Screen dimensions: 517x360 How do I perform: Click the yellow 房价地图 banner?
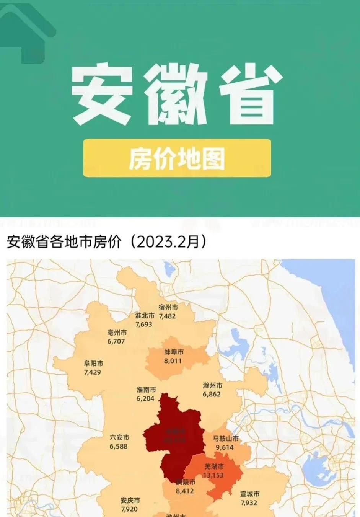coord(177,158)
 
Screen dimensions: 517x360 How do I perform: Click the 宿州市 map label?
coord(168,307)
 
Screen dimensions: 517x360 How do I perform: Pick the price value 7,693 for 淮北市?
coord(144,324)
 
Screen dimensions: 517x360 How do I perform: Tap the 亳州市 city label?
coord(117,333)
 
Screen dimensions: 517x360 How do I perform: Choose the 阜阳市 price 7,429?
coord(93,372)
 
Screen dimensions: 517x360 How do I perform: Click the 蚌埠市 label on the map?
coord(174,352)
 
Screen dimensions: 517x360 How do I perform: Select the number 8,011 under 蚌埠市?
coord(173,361)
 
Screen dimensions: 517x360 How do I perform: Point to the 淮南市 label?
coord(147,390)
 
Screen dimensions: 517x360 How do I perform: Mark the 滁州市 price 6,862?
coord(212,394)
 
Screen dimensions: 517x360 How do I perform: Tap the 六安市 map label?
coord(119,437)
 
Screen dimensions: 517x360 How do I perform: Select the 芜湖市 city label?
coord(214,466)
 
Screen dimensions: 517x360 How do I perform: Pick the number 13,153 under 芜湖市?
coord(213,475)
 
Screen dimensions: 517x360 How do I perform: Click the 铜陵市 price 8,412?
coord(185,491)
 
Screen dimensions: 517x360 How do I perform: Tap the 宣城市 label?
coord(250,494)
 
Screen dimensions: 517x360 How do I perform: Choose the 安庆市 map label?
coord(130,501)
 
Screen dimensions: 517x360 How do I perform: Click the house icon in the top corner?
coord(27,31)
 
